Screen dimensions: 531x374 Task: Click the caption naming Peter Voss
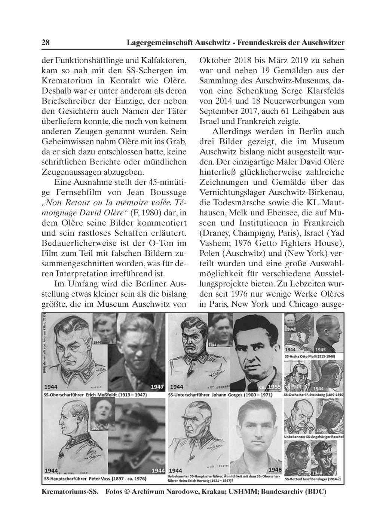(95, 479)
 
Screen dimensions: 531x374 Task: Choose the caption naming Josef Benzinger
(314, 479)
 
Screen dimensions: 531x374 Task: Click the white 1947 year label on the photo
(157, 387)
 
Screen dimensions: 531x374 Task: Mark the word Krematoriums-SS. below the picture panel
(70, 492)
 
